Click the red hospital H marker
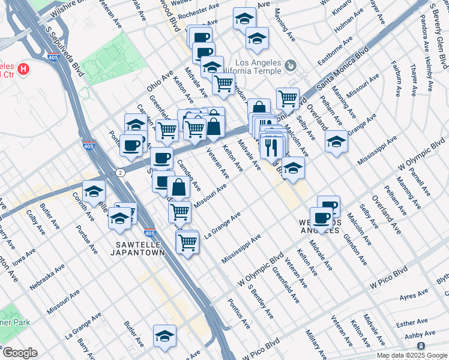(x=23, y=69)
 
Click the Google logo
(x=20, y=353)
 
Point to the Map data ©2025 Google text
(x=412, y=355)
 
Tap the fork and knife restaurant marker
(x=271, y=145)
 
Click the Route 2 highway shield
(x=121, y=172)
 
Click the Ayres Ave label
(x=416, y=296)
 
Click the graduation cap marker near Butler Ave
(x=164, y=335)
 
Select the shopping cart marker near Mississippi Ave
(x=188, y=242)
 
